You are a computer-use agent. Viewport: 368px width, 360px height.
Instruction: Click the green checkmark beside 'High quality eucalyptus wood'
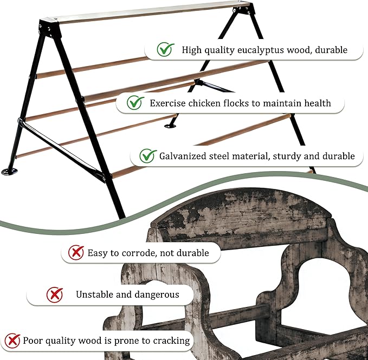[x=165, y=49]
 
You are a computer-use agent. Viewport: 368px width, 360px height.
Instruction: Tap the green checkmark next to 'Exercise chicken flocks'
[x=135, y=103]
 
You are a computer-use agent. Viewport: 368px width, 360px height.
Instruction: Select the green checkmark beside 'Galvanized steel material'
[x=148, y=155]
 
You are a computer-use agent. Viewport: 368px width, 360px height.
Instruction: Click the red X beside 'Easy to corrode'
[x=76, y=252]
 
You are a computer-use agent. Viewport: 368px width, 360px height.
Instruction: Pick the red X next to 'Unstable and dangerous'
[x=54, y=295]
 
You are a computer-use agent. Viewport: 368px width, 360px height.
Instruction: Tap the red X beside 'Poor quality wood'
[x=12, y=341]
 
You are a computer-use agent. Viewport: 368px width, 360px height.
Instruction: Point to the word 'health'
[x=318, y=103]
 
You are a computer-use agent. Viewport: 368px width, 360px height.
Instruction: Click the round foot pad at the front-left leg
[x=9, y=172]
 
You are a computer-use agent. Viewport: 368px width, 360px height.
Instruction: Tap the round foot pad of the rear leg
[x=170, y=126]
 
